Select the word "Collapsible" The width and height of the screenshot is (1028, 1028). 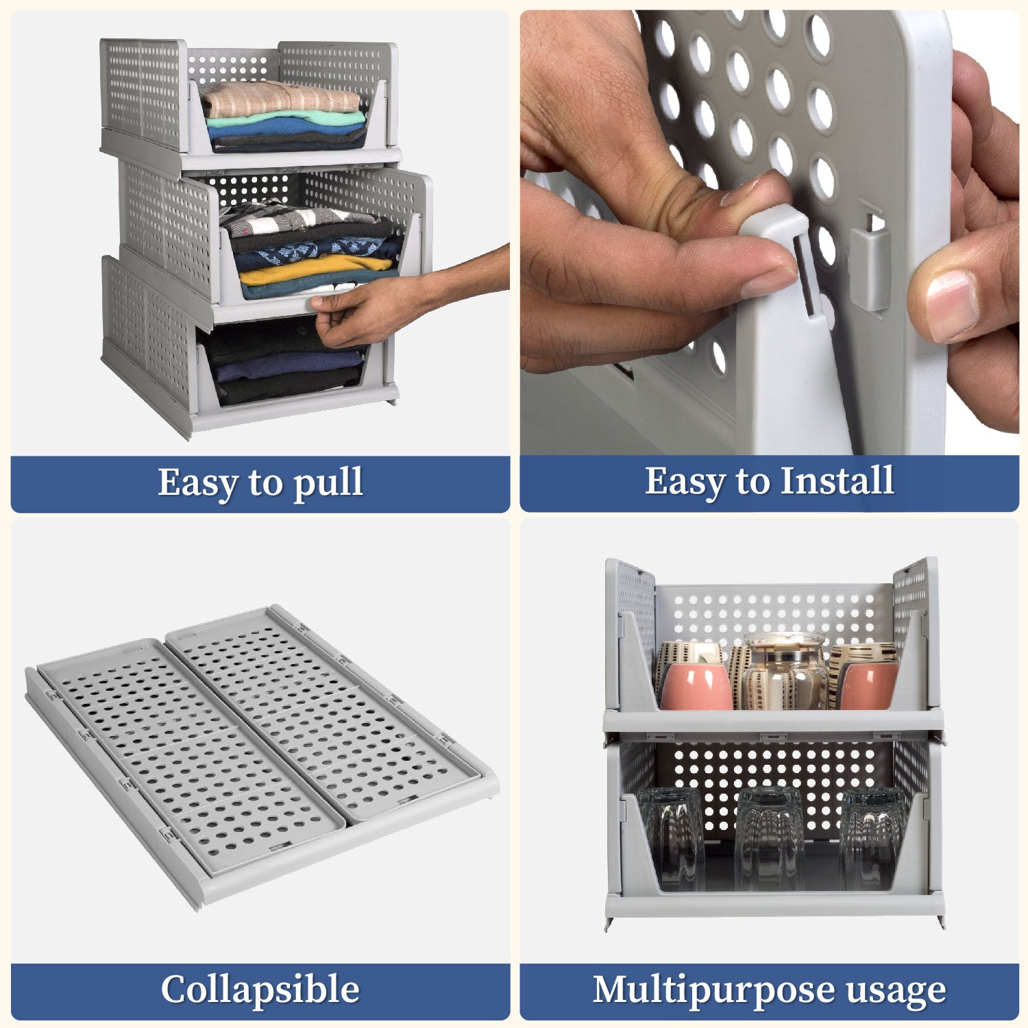tap(260, 990)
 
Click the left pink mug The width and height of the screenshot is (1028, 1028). tap(696, 686)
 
